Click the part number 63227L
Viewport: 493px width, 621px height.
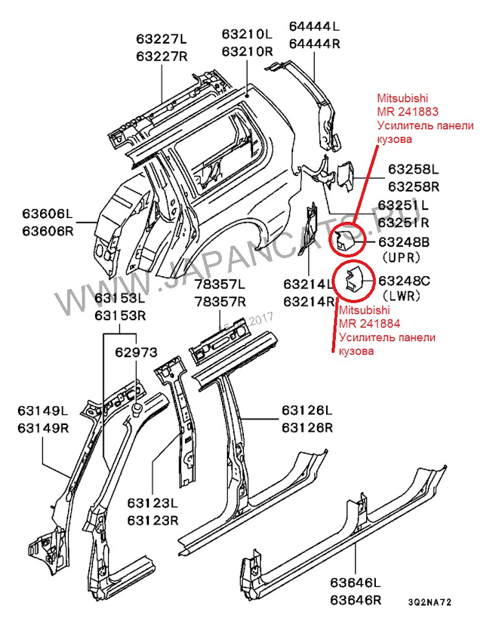point(161,39)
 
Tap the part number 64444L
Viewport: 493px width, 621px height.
point(314,27)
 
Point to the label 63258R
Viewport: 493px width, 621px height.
point(413,187)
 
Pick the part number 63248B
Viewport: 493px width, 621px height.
point(404,242)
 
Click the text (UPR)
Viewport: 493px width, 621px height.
point(401,257)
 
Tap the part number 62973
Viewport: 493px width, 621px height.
point(136,354)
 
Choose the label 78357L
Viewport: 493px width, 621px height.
point(220,285)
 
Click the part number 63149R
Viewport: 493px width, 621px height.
point(42,427)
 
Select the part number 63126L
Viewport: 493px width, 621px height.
point(307,411)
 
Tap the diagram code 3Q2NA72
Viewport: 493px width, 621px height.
point(430,602)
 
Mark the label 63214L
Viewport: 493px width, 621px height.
point(309,285)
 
